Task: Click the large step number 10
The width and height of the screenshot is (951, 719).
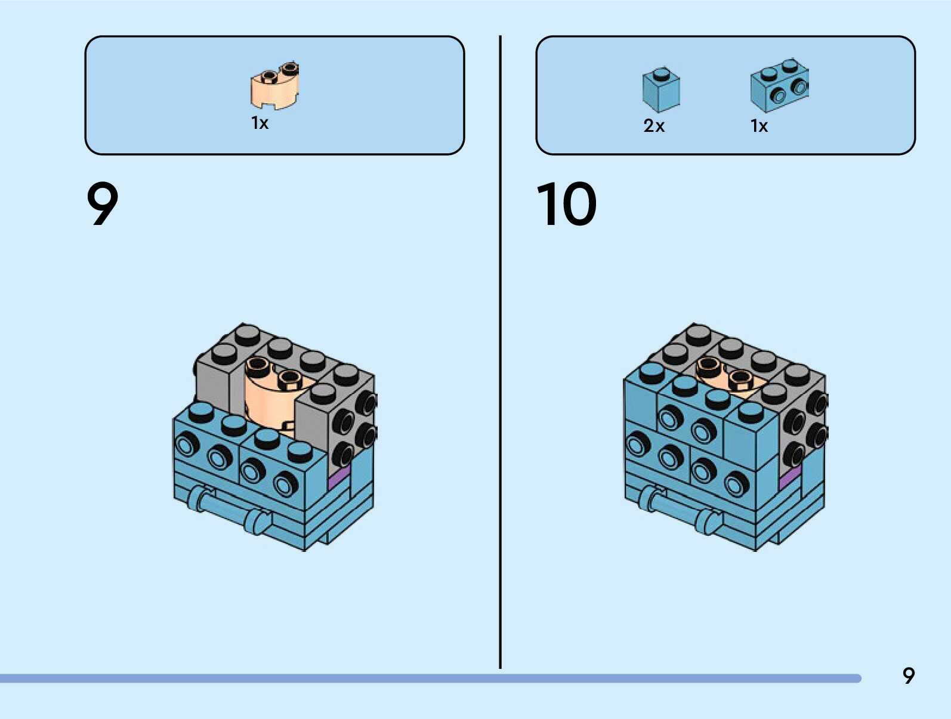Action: point(566,204)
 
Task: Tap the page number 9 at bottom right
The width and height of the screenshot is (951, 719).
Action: point(908,675)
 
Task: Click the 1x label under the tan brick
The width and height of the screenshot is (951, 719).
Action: point(260,123)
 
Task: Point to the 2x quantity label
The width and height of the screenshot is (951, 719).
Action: point(654,126)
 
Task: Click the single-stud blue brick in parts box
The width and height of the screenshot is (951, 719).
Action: point(661,90)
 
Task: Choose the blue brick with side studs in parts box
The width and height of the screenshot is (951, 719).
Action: point(780,86)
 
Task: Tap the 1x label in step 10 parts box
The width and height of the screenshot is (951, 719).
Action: point(759,126)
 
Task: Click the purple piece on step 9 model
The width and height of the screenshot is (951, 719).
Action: point(338,477)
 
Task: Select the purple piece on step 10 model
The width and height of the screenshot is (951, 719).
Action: point(790,477)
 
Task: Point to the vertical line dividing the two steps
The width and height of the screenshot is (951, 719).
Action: point(500,352)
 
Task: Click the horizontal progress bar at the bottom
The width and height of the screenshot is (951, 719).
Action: point(430,678)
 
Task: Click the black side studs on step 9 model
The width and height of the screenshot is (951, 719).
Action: point(355,430)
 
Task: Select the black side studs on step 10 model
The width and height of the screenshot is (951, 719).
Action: point(805,430)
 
